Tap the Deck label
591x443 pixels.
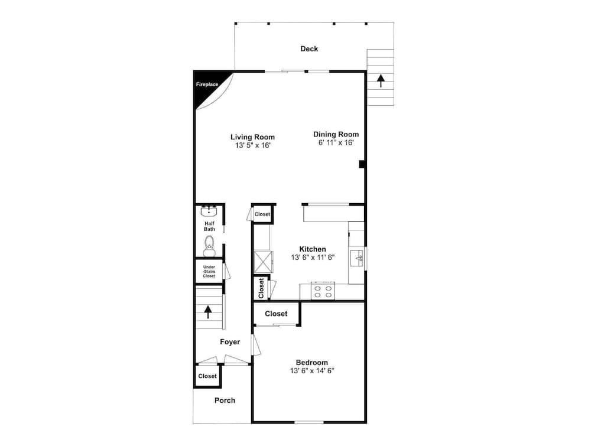(309, 48)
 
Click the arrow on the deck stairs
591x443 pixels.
(381, 80)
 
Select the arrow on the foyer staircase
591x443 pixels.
(207, 311)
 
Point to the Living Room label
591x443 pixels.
(252, 137)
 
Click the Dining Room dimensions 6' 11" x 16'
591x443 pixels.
(336, 142)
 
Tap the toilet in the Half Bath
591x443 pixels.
(209, 245)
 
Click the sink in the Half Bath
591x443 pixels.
(209, 211)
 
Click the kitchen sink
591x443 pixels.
(358, 258)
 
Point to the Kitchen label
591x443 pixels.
(312, 249)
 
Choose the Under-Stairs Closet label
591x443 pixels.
(209, 271)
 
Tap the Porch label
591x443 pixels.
(225, 400)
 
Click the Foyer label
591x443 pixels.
(230, 341)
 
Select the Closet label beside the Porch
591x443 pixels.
(207, 376)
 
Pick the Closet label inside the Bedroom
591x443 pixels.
(276, 314)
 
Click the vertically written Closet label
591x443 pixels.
(261, 288)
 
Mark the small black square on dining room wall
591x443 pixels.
(362, 165)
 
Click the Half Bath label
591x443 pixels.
(209, 226)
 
